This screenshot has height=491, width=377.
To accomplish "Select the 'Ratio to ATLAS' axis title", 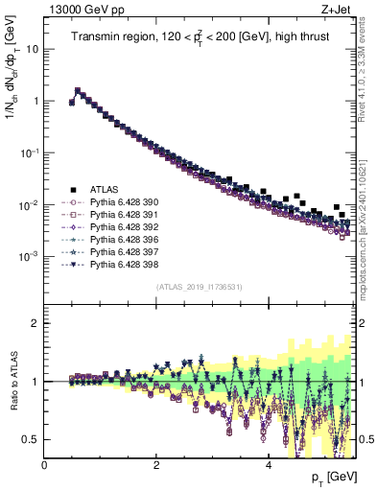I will point(12,381).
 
